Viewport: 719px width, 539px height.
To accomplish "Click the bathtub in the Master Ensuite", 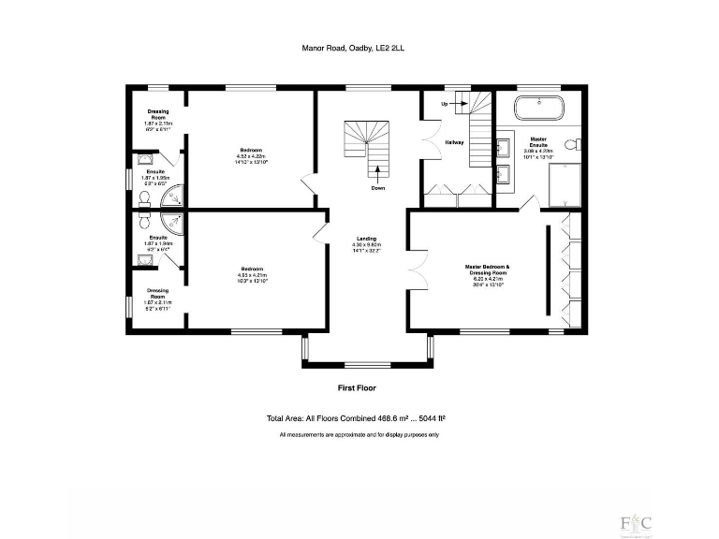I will tap(537, 105).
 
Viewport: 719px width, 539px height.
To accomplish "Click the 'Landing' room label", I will tap(366, 238).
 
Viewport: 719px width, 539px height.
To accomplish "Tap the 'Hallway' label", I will tap(454, 142).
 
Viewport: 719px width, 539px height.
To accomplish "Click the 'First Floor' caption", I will tap(357, 387).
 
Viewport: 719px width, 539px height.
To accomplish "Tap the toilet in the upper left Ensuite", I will tap(144, 198).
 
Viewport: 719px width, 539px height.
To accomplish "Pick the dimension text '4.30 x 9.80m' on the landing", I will tap(366, 245).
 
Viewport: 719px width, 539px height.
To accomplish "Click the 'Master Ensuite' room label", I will tap(537, 140).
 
